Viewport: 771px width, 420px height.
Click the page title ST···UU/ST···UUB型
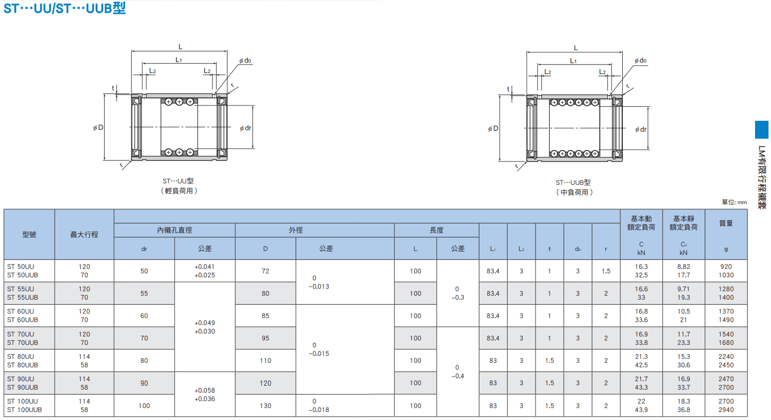pos(65,8)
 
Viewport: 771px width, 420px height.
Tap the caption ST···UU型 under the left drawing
pos(178,181)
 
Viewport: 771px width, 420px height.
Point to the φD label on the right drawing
pos(493,129)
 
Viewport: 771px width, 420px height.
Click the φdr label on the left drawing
pos(246,128)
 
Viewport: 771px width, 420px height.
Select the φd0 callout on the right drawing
pos(641,61)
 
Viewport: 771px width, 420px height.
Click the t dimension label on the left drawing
pos(113,88)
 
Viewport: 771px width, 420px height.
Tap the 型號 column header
pos(29,235)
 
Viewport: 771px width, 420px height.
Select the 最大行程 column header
pos(84,235)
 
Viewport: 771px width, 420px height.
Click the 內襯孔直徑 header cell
pos(175,230)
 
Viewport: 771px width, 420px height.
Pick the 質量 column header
pos(726,223)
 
